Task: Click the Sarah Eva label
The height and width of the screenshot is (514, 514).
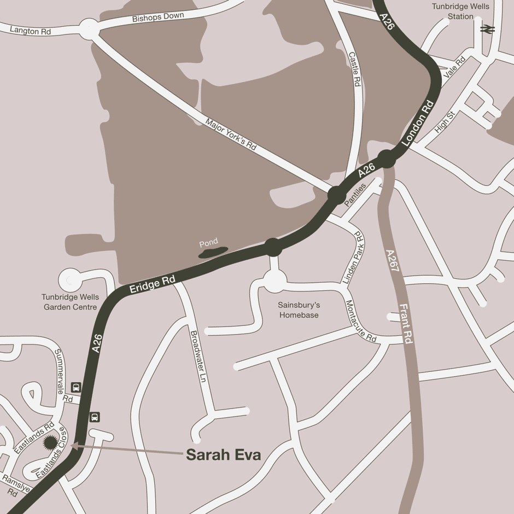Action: point(223,455)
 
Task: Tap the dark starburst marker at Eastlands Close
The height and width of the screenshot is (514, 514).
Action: point(50,442)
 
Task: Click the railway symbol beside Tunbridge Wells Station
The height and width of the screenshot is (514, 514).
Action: point(487,29)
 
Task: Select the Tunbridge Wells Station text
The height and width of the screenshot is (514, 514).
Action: point(460,11)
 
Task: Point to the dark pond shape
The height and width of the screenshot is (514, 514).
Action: point(213,252)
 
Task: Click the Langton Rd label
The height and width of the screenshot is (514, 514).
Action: point(31,31)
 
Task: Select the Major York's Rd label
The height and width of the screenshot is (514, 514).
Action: point(231,135)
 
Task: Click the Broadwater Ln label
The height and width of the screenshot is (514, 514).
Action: point(196,356)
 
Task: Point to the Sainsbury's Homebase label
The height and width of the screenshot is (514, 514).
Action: point(299,310)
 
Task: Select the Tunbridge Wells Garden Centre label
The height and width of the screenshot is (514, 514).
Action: point(70,302)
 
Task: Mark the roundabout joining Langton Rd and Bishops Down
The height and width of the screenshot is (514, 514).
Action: point(89,29)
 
